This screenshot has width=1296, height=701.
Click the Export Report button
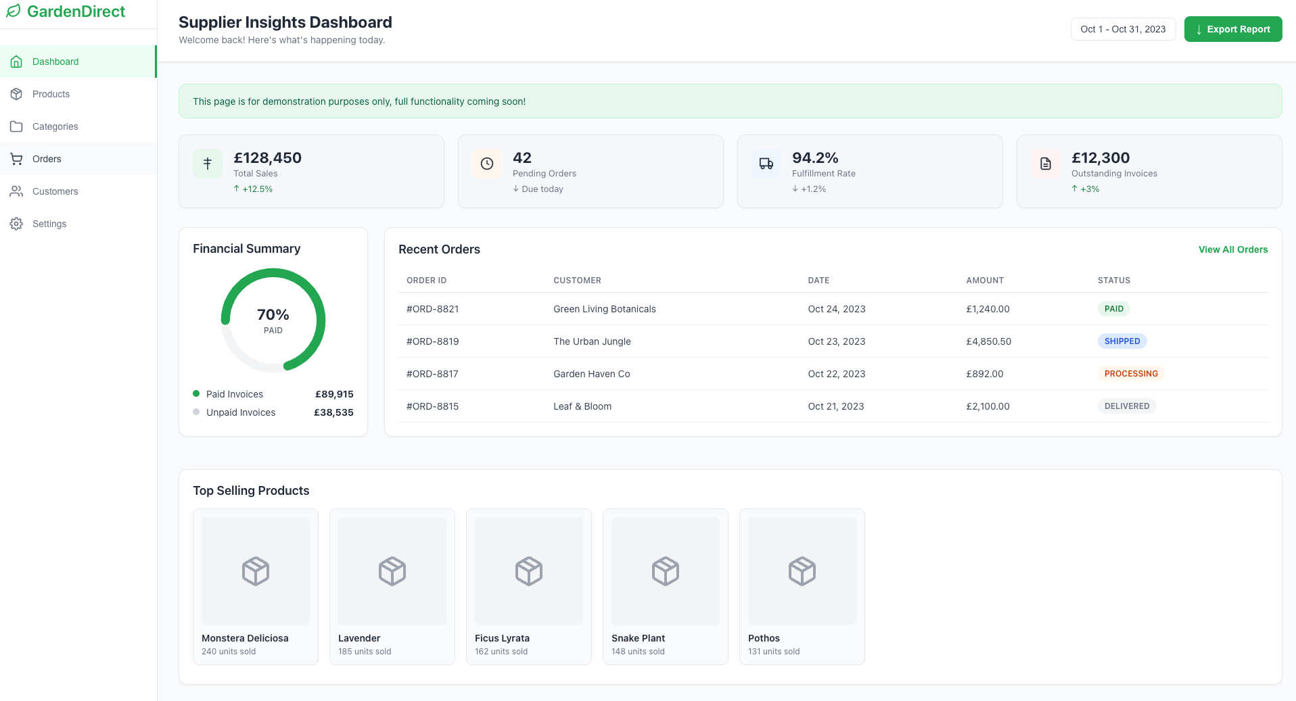pos(1232,29)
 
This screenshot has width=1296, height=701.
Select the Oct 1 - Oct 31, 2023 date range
pos(1123,29)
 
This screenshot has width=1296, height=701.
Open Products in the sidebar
pos(51,94)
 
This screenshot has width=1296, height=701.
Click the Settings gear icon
pos(16,224)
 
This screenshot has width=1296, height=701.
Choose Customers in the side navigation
pos(55,191)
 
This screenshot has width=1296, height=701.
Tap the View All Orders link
pos(1232,249)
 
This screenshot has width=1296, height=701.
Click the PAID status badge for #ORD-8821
pos(1113,309)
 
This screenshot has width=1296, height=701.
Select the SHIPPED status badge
pos(1121,341)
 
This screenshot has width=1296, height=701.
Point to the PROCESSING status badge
pos(1130,374)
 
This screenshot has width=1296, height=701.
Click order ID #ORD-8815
pos(432,406)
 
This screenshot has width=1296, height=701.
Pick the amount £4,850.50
pos(988,341)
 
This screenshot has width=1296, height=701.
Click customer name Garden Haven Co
pos(591,374)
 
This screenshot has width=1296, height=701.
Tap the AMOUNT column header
pos(984,281)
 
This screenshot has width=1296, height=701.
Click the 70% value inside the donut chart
pos(273,315)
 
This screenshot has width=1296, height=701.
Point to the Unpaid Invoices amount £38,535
pos(333,412)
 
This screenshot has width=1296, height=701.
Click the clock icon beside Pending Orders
pos(487,164)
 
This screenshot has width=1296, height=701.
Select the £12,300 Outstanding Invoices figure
pos(1100,158)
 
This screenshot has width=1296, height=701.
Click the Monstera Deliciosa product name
pos(245,638)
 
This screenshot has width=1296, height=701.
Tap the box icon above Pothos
pos(802,571)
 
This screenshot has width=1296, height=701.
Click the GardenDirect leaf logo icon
pos(14,11)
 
